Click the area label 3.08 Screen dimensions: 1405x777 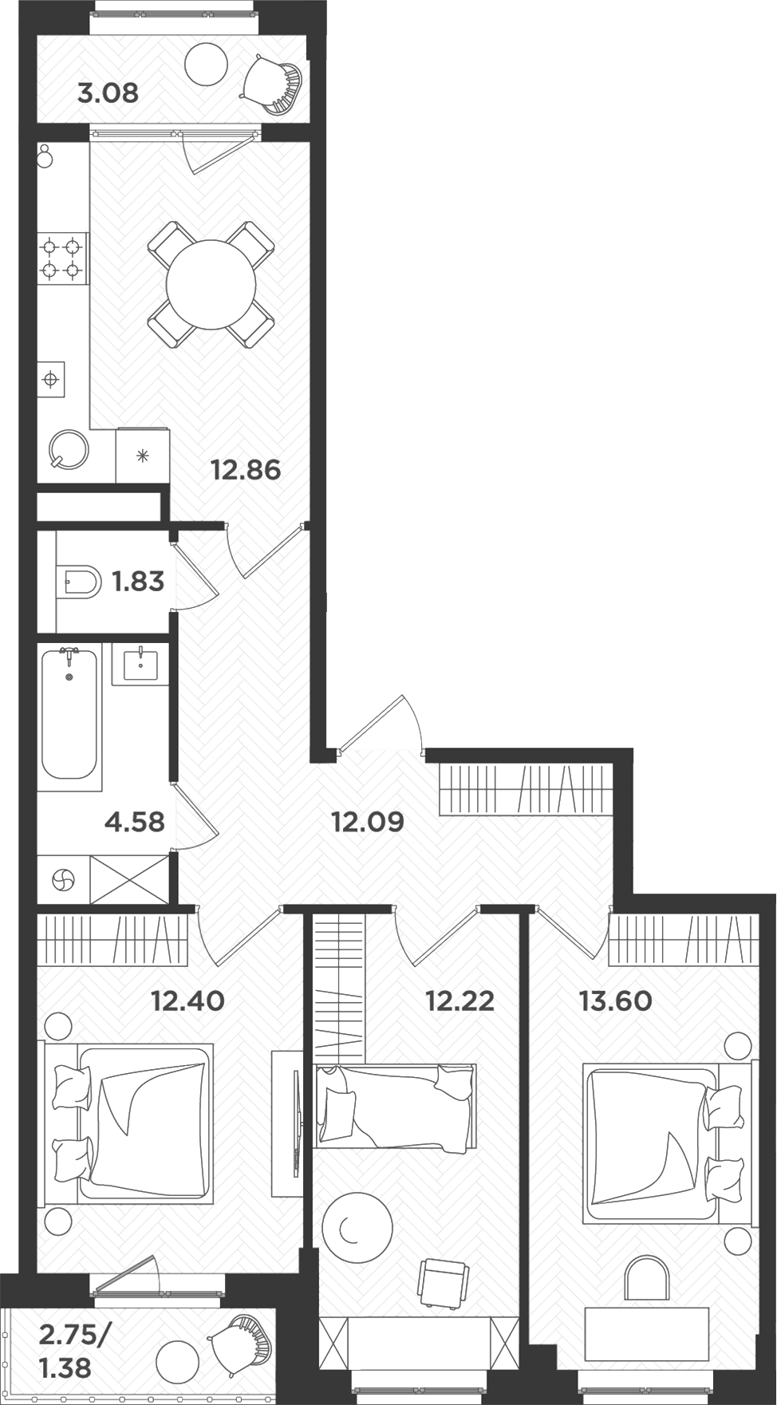click(108, 93)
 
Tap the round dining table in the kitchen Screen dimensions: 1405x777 click(211, 284)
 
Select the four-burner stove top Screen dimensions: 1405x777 click(62, 258)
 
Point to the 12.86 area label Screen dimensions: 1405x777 click(246, 470)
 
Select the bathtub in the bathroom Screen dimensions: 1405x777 click(69, 713)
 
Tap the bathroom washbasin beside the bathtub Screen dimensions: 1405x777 click(140, 663)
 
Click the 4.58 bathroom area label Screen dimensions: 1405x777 click(134, 821)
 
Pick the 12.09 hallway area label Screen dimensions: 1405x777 click(368, 821)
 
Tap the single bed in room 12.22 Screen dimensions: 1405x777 click(395, 1106)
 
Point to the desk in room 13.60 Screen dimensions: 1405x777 click(646, 1334)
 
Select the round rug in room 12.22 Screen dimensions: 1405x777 click(357, 1227)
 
